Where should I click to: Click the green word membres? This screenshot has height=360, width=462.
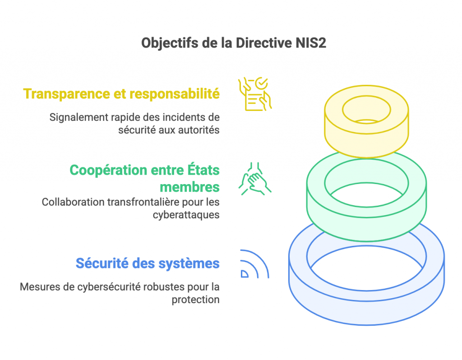click(x=189, y=186)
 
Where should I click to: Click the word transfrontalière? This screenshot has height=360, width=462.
click(x=138, y=202)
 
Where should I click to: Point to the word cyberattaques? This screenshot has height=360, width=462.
click(x=186, y=214)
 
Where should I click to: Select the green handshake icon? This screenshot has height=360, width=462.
click(x=254, y=179)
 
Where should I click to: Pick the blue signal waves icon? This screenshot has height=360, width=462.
click(x=254, y=264)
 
